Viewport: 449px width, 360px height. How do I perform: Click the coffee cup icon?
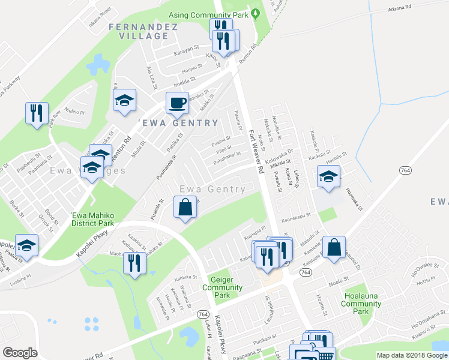176,103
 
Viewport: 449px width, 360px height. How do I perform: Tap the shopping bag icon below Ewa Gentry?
185,207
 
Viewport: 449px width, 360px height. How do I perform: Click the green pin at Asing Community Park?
256,13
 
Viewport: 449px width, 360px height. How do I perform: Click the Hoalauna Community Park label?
360,304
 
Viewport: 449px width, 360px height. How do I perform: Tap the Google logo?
20,353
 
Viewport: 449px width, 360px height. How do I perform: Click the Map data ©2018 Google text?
411,355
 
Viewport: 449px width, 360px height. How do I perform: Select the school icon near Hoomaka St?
328,176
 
